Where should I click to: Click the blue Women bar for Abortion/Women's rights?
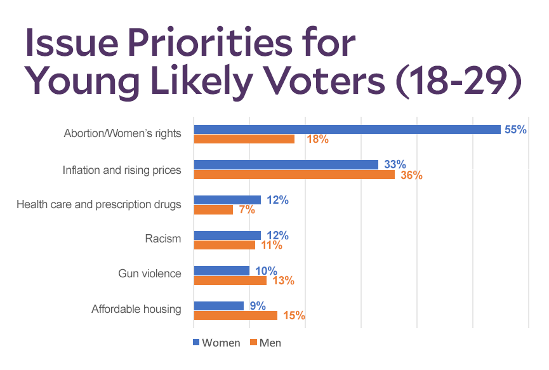pos(347,129)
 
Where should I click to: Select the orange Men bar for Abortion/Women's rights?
pos(244,139)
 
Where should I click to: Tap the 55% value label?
pos(515,129)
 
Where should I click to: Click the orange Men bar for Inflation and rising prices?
pos(294,175)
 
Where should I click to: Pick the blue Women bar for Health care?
pos(227,200)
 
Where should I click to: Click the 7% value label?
pos(246,210)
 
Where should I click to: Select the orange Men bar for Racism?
pos(224,245)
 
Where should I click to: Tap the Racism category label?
pos(163,239)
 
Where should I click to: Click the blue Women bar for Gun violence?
pos(222,270)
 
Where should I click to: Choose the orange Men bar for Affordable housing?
pos(235,315)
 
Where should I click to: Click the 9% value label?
pos(257,305)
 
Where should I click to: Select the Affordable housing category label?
pos(136,310)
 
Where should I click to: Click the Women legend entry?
pos(216,343)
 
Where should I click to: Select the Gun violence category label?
pos(150,274)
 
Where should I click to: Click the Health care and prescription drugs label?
pos(99,204)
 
